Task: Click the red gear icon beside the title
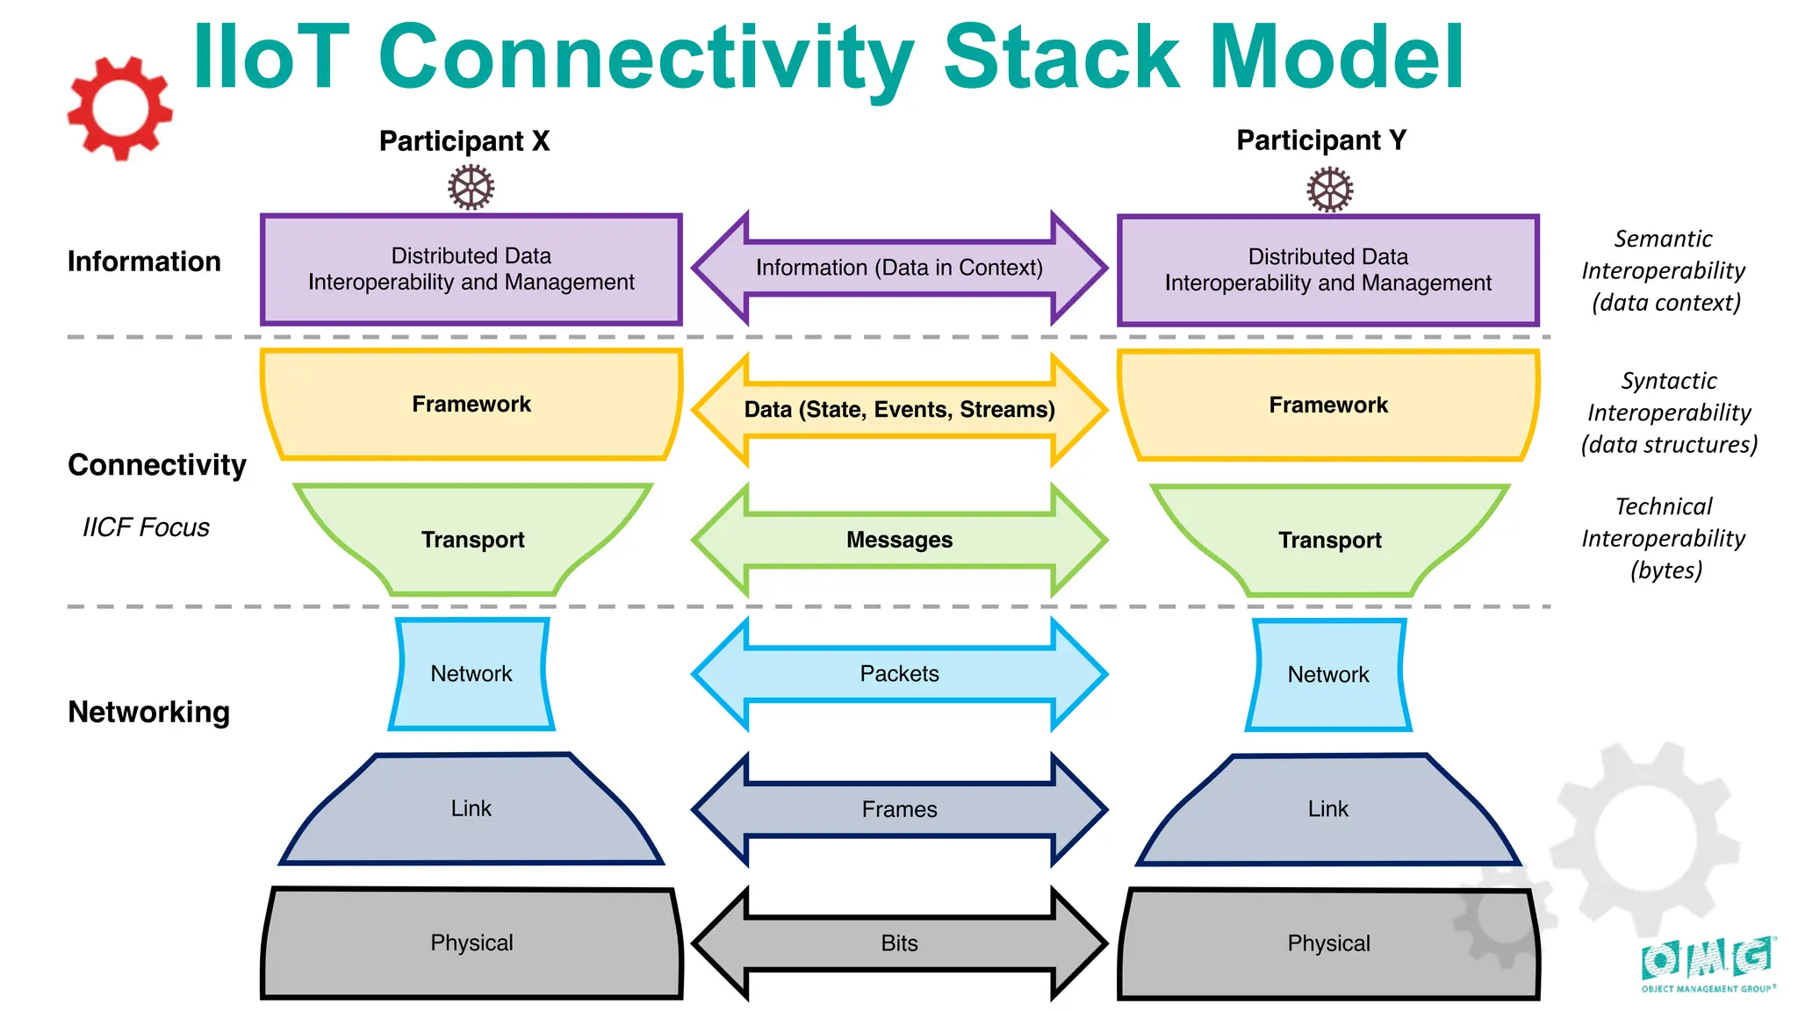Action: point(120,109)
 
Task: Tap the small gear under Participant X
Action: point(471,188)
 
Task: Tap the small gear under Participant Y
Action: point(1329,190)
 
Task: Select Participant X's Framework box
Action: point(471,405)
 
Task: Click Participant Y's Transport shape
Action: point(1329,540)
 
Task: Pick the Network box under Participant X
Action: point(471,674)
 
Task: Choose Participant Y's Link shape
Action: point(1327,809)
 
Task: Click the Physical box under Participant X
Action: point(471,943)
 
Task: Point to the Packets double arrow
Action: point(899,674)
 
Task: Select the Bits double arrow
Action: point(899,943)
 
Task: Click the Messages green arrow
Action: point(899,540)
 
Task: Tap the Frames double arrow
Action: point(899,809)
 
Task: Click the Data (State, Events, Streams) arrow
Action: point(899,410)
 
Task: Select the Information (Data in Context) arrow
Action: point(899,268)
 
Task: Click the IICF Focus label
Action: point(146,527)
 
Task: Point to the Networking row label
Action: point(148,712)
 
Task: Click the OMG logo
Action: point(1707,964)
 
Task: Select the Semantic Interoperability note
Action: point(1664,270)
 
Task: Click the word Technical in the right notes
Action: point(1664,506)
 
